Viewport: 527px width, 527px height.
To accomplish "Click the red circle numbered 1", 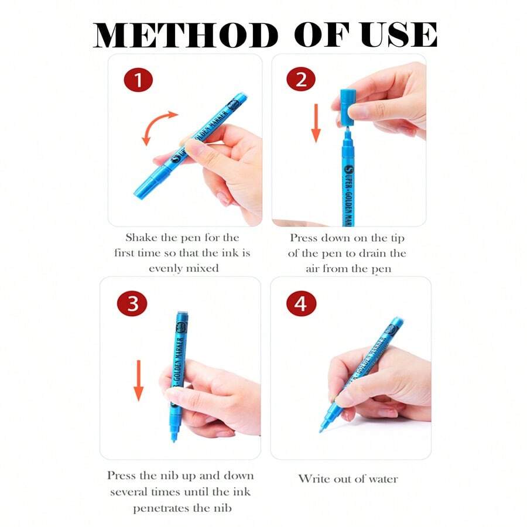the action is pyautogui.click(x=138, y=80).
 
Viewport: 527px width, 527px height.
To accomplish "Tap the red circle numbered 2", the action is pyautogui.click(x=301, y=80).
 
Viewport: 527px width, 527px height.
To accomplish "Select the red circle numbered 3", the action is pyautogui.click(x=132, y=303).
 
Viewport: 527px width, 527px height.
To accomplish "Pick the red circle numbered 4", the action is pyautogui.click(x=301, y=304).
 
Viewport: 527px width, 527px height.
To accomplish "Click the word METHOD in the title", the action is pyautogui.click(x=186, y=35).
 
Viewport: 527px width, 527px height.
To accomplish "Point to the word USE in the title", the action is pyautogui.click(x=399, y=35).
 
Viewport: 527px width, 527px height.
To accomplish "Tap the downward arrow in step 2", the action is pyautogui.click(x=316, y=123).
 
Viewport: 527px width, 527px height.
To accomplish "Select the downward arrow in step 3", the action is pyautogui.click(x=138, y=381).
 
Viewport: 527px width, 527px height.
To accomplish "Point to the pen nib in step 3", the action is pyautogui.click(x=173, y=434).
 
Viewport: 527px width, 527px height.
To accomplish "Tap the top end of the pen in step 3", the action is pyautogui.click(x=182, y=313).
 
